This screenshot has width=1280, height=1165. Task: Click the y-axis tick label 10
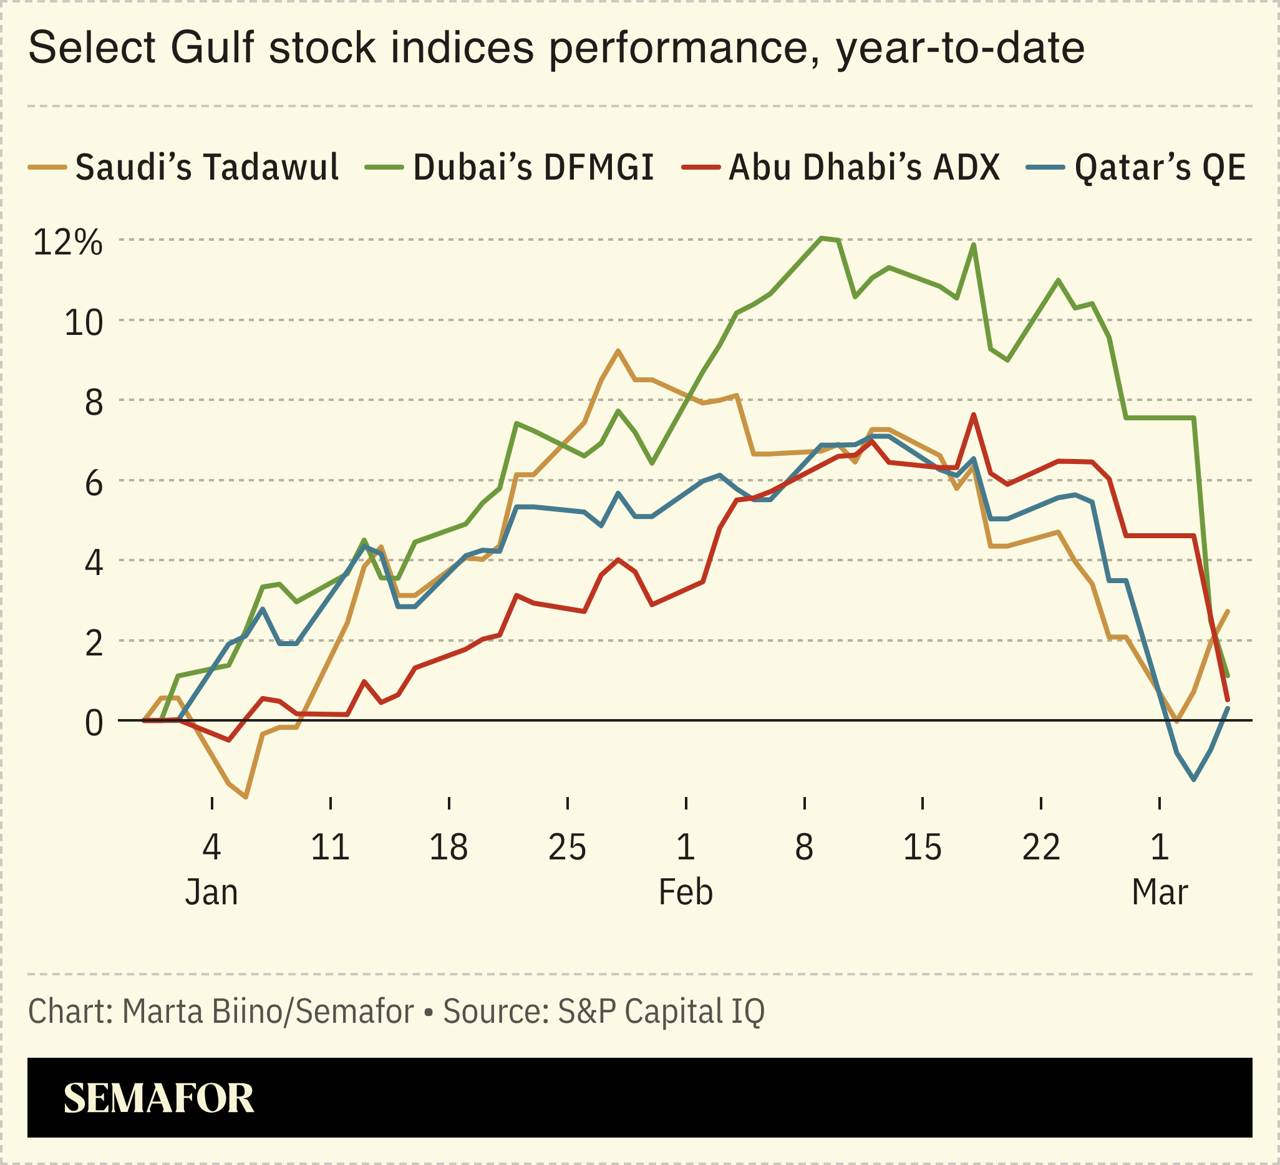[x=83, y=322]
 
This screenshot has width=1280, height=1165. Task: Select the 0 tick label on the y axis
[x=94, y=722]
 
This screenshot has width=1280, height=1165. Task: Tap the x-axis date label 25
[x=567, y=847]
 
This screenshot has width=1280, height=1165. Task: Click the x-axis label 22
[x=1041, y=847]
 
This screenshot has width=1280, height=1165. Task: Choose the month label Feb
[x=686, y=892]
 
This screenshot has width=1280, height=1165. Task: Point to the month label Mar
[x=1160, y=892]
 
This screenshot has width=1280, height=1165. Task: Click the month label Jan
[x=211, y=892]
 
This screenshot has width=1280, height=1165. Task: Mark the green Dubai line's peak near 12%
[x=822, y=238]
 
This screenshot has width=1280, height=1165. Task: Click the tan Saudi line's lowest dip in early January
[x=246, y=797]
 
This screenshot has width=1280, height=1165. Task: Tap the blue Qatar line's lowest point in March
[x=1195, y=780]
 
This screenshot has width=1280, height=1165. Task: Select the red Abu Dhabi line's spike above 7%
[x=973, y=415]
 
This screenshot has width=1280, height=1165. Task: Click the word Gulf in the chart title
[x=212, y=47]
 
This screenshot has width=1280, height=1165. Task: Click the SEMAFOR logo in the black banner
[x=158, y=1098]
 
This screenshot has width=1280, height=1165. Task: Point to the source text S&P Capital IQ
[x=661, y=1012]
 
